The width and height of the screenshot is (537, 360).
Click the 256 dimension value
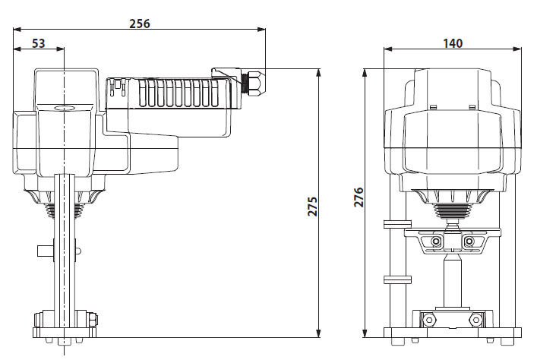click(139, 23)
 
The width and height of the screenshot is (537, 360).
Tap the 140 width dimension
click(453, 43)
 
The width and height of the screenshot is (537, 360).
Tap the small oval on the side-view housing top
click(64, 109)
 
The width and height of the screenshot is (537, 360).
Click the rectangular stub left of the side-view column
click(45, 251)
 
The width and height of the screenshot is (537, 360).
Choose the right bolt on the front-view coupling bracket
click(469, 242)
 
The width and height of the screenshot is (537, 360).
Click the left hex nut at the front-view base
click(430, 320)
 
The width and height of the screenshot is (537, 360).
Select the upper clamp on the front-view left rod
click(393, 225)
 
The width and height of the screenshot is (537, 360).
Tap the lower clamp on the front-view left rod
click(393, 279)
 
